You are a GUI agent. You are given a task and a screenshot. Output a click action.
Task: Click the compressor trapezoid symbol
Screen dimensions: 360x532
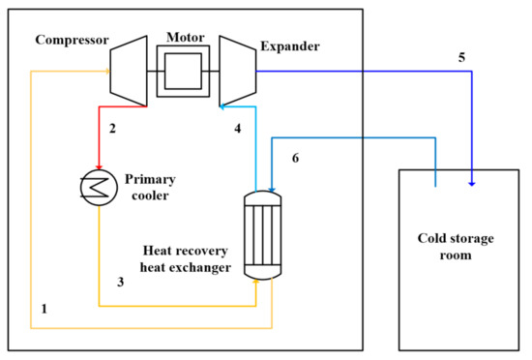(127, 71)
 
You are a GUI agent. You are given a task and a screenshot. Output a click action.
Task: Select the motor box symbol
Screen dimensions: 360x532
(182, 71)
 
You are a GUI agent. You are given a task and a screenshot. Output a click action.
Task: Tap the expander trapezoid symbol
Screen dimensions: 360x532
(237, 71)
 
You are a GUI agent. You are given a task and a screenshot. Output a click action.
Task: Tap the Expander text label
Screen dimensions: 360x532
(289, 45)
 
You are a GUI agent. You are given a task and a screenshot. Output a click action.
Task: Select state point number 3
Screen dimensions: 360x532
(120, 283)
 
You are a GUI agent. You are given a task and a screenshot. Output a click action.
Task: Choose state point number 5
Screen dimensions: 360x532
(461, 57)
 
